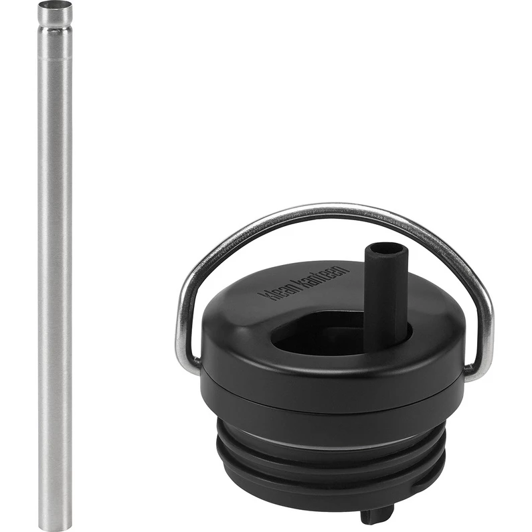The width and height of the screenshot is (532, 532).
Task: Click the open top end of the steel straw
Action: click(55, 5)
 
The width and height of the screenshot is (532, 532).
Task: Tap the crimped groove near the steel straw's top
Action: click(55, 29)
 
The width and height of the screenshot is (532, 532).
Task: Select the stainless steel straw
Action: click(55, 266)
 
